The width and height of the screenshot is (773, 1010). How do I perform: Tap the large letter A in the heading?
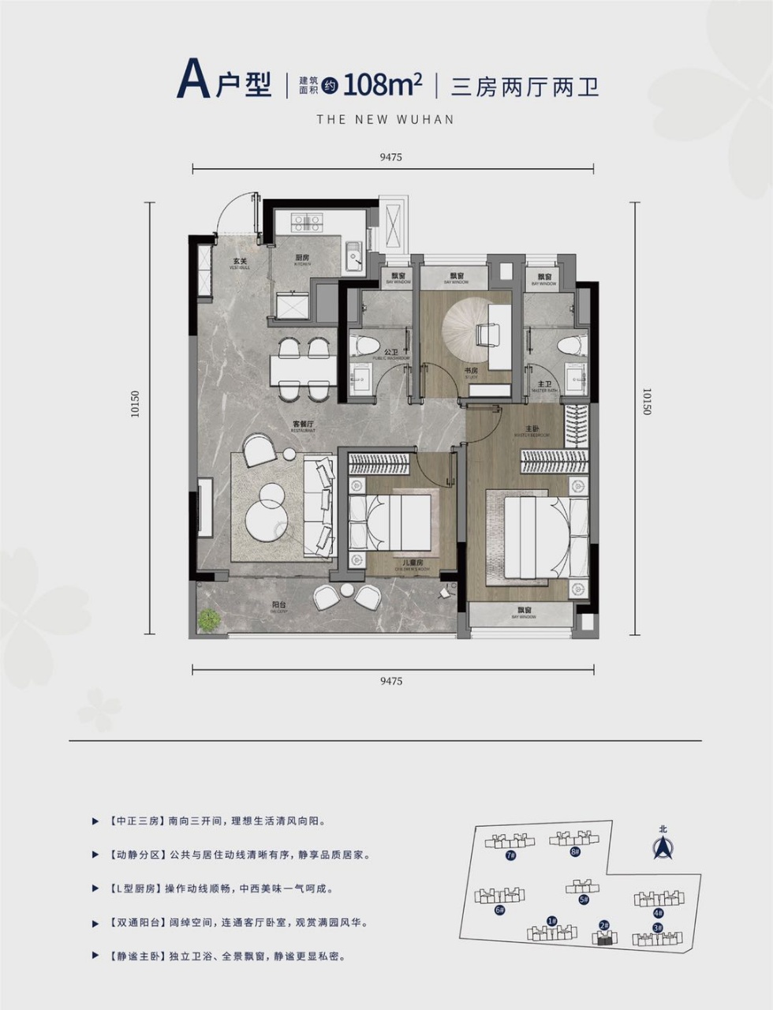[x=192, y=80]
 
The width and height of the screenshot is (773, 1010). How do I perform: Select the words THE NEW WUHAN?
[x=386, y=119]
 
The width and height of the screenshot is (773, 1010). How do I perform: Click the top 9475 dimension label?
[x=390, y=157]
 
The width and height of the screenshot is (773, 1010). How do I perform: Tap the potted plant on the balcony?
[x=207, y=620]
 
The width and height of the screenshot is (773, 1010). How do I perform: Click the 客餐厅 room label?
[x=304, y=425]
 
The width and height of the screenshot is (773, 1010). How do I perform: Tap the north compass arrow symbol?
[x=662, y=847]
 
